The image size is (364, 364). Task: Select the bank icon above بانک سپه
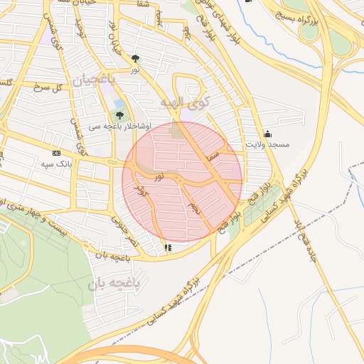pyautogui.click(x=56, y=153)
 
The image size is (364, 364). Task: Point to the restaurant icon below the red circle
pyautogui.click(x=168, y=247)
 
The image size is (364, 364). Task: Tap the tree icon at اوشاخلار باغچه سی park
pyautogui.click(x=119, y=114)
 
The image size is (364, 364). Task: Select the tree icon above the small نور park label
pyautogui.click(x=135, y=58)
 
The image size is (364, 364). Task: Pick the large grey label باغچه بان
pyautogui.click(x=117, y=284)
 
